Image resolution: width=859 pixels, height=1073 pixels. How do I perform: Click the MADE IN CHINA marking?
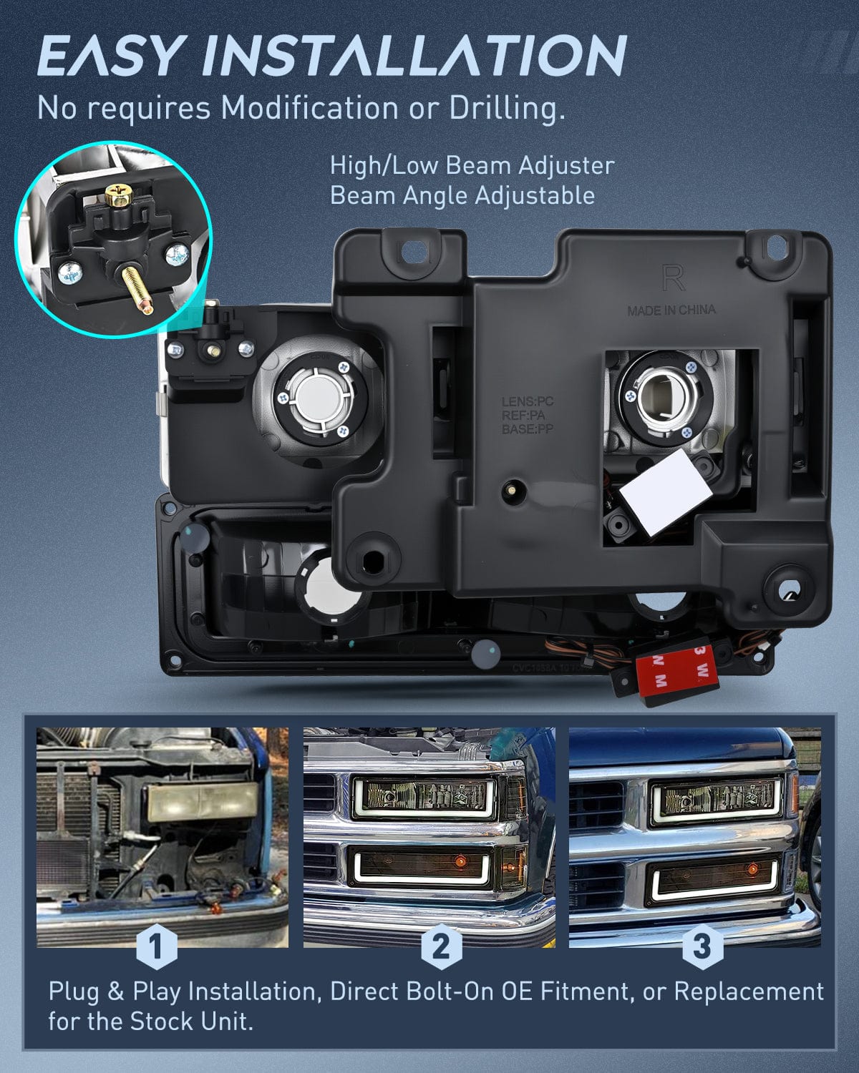click(x=671, y=310)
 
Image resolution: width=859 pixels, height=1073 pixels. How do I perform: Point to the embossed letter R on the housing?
click(x=673, y=280)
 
